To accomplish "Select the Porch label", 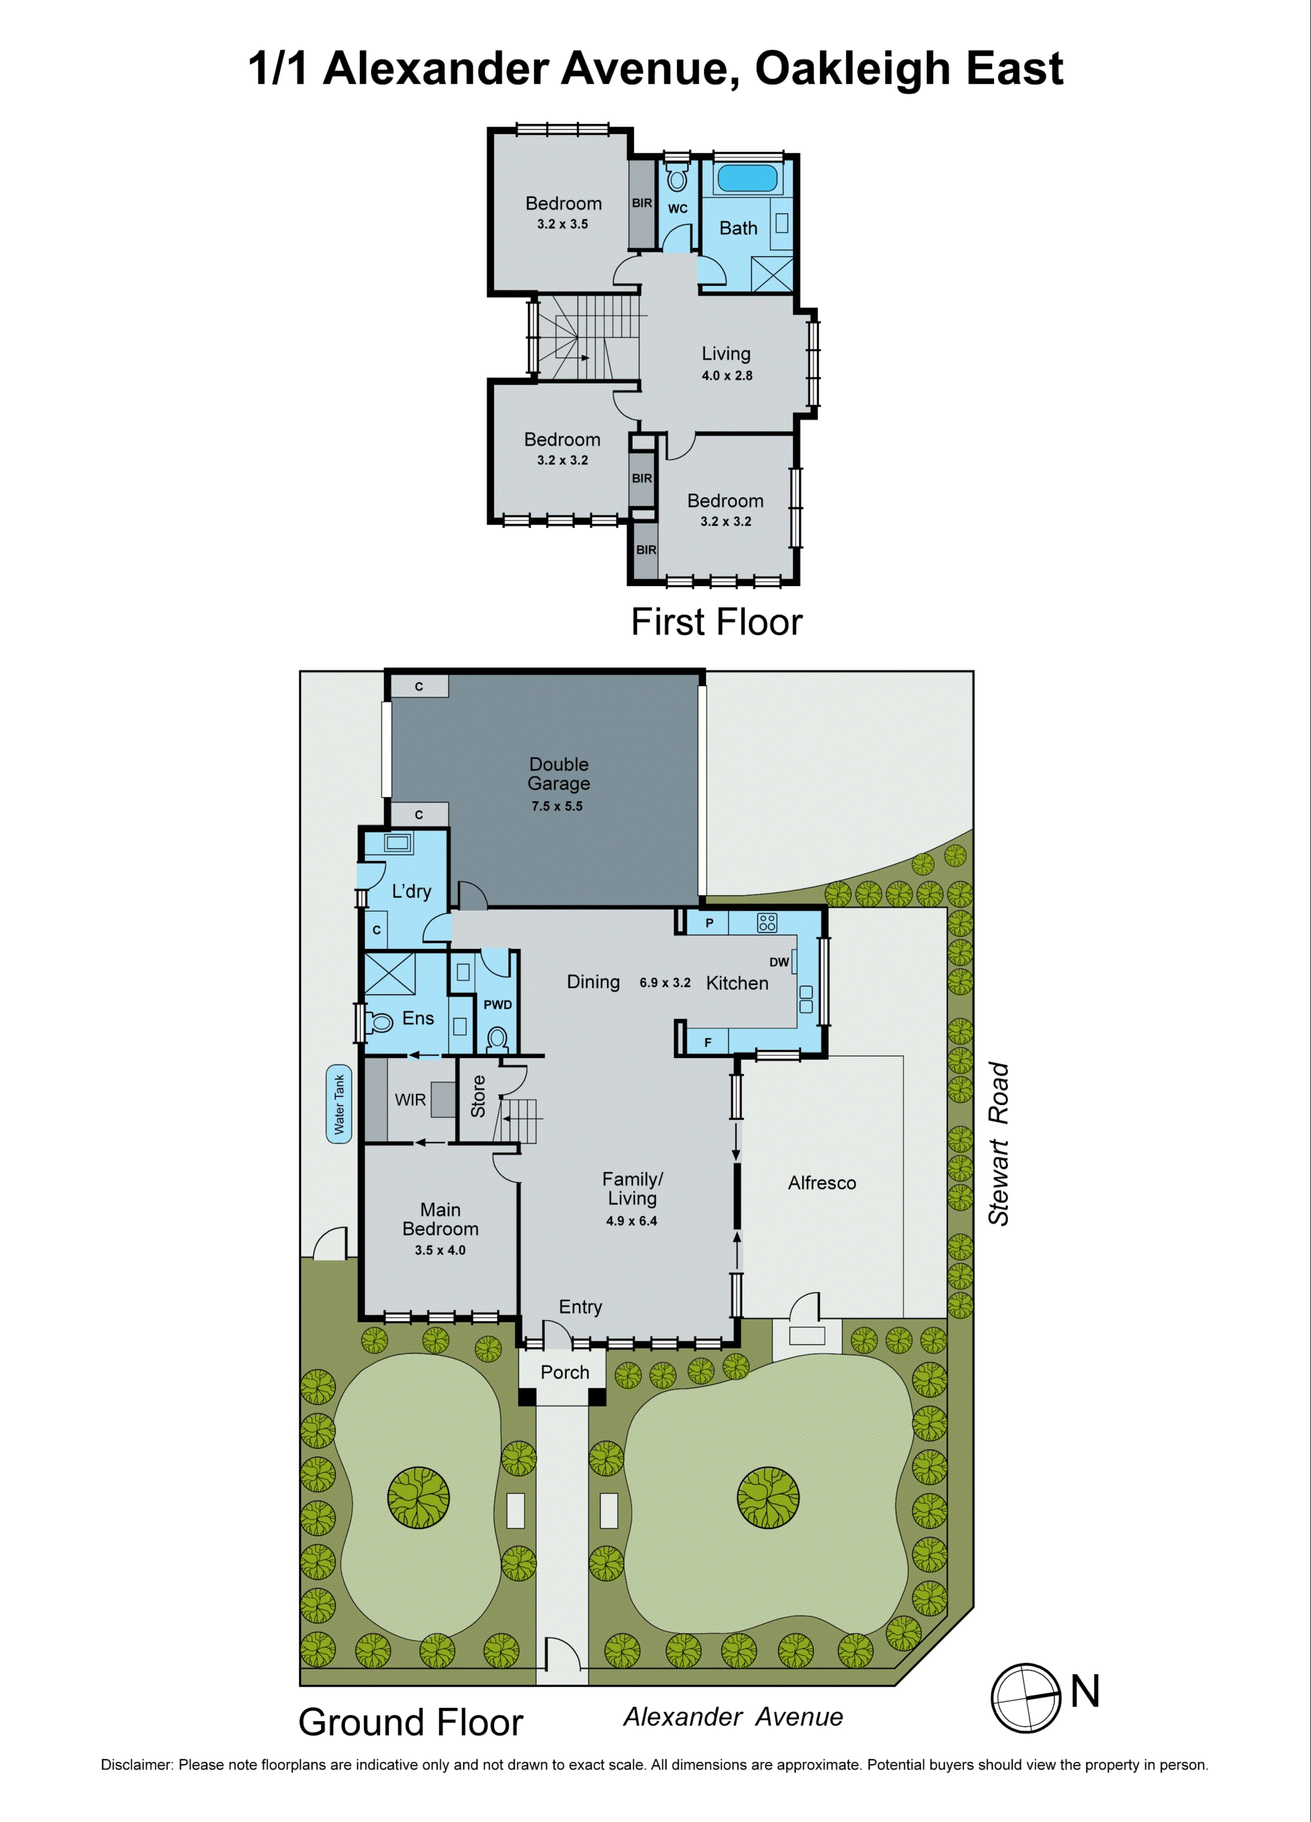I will (x=565, y=1372).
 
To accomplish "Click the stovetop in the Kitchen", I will (x=767, y=923).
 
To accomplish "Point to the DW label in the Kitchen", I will (x=778, y=962).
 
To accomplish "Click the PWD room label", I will (x=497, y=1004).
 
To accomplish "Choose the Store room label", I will (x=478, y=1096).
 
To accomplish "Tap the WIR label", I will (x=410, y=1100).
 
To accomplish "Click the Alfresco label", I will (x=822, y=1182).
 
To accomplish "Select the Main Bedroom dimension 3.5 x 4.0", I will (x=440, y=1250).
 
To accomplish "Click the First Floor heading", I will (x=717, y=622).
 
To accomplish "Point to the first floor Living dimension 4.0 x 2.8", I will (x=727, y=375).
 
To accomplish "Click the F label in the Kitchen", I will (x=708, y=1043).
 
